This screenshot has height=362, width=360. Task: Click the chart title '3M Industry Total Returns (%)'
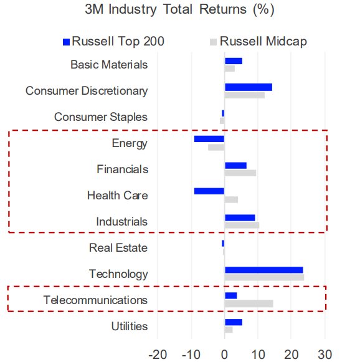tap(179, 11)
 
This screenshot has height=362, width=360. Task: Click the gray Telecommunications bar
tap(249, 303)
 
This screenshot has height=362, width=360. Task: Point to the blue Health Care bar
tap(209, 191)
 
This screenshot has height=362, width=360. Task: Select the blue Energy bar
tap(209, 139)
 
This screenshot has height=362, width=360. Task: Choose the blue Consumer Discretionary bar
tap(248, 87)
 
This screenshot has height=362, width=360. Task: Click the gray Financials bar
tap(240, 173)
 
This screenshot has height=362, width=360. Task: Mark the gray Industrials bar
tap(242, 225)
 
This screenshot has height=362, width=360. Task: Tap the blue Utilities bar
tap(233, 322)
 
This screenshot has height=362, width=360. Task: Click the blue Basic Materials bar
tap(233, 61)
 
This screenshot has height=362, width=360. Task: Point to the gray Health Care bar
tap(231, 199)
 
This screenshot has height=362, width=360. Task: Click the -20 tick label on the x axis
tap(158, 355)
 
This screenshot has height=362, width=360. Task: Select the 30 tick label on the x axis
tap(324, 355)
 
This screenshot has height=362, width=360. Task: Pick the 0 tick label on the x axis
tap(224, 355)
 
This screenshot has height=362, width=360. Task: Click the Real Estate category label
tap(118, 248)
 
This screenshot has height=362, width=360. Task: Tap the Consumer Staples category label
tap(101, 117)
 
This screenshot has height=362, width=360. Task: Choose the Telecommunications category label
tap(96, 300)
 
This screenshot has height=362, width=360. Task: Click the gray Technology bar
tap(264, 277)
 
